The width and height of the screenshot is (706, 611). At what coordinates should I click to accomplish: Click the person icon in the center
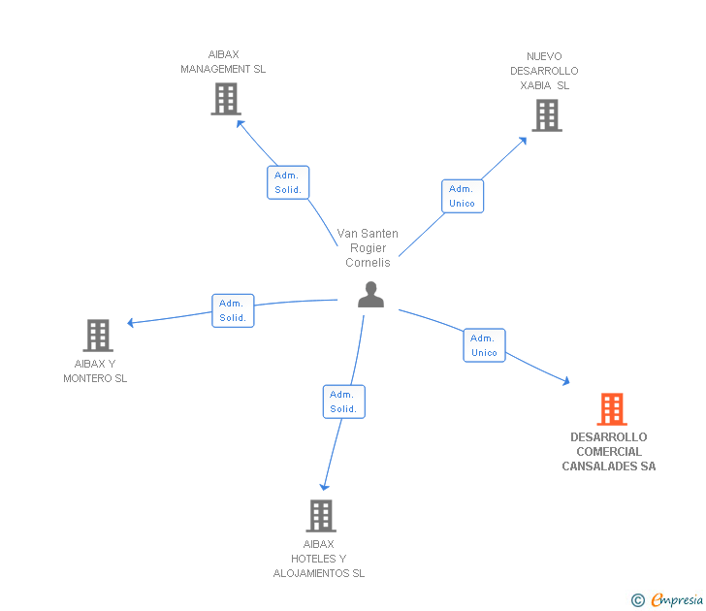(370, 295)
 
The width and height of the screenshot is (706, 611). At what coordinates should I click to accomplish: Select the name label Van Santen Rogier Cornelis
(368, 248)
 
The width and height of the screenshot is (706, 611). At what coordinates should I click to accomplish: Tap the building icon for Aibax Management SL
(225, 99)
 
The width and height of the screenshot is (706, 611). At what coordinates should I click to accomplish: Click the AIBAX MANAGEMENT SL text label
(223, 62)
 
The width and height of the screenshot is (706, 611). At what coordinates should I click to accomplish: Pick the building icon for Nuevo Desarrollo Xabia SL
(546, 115)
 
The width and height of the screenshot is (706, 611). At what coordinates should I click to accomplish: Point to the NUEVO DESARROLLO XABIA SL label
(544, 71)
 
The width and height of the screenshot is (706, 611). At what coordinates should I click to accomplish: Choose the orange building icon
(611, 409)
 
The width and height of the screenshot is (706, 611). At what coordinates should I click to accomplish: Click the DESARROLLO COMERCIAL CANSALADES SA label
(609, 452)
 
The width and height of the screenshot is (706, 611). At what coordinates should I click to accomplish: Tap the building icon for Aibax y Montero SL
(98, 336)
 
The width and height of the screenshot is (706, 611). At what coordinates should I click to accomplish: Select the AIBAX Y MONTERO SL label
(95, 371)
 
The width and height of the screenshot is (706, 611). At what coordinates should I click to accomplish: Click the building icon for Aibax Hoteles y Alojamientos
(321, 516)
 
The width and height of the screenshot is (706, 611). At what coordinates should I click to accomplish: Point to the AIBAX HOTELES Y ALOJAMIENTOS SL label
(319, 559)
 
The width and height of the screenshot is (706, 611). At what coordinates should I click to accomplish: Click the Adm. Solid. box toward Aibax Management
(288, 182)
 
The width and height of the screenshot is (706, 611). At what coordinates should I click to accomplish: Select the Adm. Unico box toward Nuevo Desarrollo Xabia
(463, 196)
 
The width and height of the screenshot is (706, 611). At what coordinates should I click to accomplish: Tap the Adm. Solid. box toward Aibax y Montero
(233, 310)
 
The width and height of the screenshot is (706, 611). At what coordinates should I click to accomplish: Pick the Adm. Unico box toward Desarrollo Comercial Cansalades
(484, 345)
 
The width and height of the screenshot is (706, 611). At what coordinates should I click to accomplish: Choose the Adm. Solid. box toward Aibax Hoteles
(343, 402)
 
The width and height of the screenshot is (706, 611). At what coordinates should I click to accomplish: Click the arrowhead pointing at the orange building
(565, 383)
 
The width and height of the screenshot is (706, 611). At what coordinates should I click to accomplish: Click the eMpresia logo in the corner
(668, 600)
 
